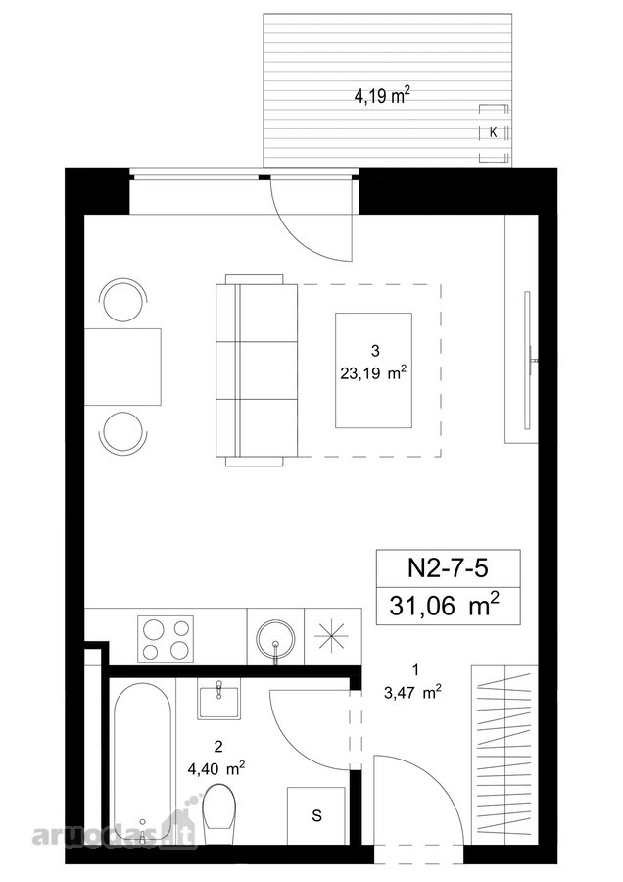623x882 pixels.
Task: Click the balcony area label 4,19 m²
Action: [382, 96]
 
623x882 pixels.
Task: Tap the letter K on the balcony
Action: [493, 133]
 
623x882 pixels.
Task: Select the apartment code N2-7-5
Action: [448, 568]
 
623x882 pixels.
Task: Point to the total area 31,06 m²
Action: [444, 606]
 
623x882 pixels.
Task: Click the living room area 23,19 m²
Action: [373, 373]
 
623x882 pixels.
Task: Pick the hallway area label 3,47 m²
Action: [412, 693]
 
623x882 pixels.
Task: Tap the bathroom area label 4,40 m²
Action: [217, 768]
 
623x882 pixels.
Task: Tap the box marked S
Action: [316, 815]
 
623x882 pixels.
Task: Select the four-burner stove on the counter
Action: [166, 638]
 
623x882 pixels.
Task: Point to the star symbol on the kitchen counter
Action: [331, 636]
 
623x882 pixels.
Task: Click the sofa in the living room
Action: [257, 370]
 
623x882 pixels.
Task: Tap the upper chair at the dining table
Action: [123, 300]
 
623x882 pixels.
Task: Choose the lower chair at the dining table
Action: [123, 432]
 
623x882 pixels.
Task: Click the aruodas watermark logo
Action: [116, 832]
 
